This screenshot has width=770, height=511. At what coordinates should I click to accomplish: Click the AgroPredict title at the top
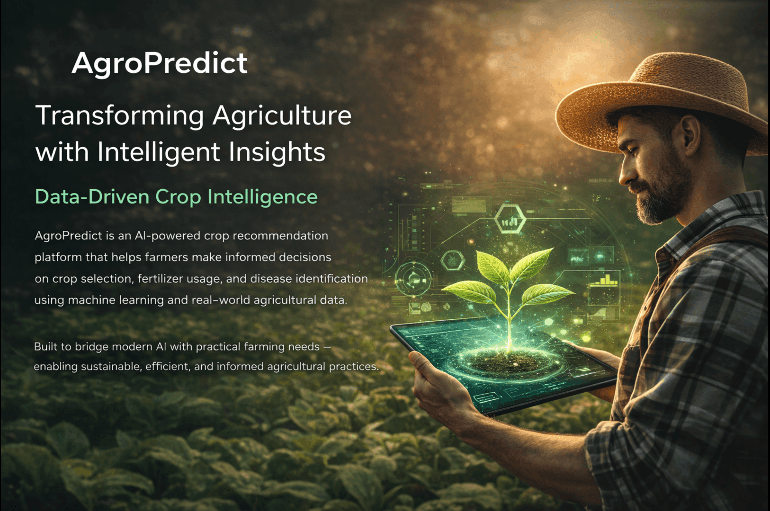tap(160, 63)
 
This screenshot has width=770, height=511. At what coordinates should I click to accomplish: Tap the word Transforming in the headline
tap(120, 116)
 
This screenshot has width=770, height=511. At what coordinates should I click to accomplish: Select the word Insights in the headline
tap(277, 152)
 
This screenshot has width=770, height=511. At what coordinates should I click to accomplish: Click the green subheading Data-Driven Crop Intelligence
tap(176, 197)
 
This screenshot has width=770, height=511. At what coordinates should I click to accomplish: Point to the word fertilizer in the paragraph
tap(159, 279)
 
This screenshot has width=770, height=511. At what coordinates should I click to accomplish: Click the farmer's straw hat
tap(663, 95)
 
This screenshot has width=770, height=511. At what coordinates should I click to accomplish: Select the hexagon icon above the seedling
tap(510, 219)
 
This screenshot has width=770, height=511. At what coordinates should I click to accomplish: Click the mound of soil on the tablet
tap(507, 362)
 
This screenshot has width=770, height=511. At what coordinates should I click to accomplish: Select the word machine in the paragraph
tap(92, 300)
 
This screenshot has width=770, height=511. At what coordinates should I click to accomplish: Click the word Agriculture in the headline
tap(282, 116)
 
